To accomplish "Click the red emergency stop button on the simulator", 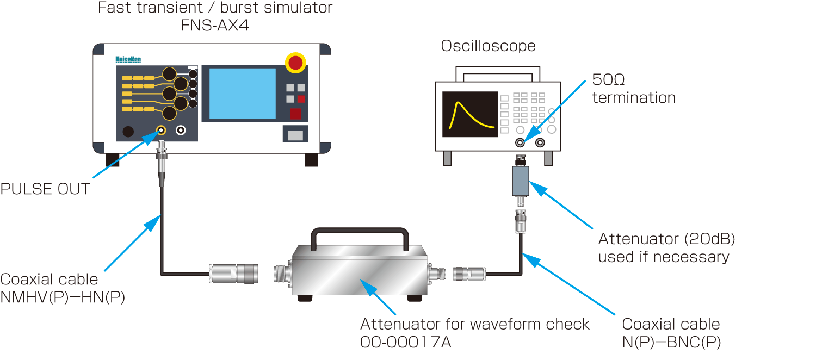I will click(x=295, y=63).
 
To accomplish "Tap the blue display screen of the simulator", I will click(x=243, y=94).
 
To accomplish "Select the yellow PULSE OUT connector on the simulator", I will click(x=161, y=131).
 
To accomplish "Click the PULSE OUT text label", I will click(x=45, y=189).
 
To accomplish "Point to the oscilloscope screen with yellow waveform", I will click(x=470, y=114).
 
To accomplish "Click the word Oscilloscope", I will click(x=488, y=46).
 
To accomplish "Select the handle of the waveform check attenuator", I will click(x=359, y=233).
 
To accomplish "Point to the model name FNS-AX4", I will click(x=215, y=25).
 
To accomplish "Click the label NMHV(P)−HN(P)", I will click(x=63, y=297).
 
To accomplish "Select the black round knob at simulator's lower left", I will click(x=128, y=132).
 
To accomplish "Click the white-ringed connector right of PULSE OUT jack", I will click(x=181, y=131).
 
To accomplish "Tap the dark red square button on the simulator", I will click(x=295, y=114).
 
